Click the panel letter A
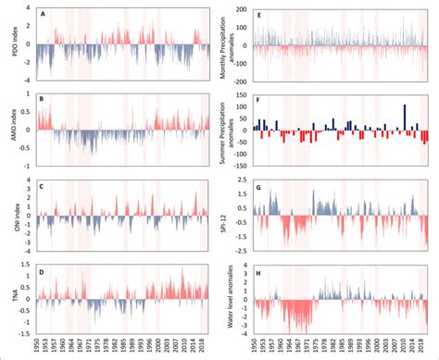pyautogui.click(x=45, y=14)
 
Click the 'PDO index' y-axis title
pyautogui.click(x=11, y=43)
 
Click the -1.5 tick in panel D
pyautogui.click(x=27, y=334)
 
